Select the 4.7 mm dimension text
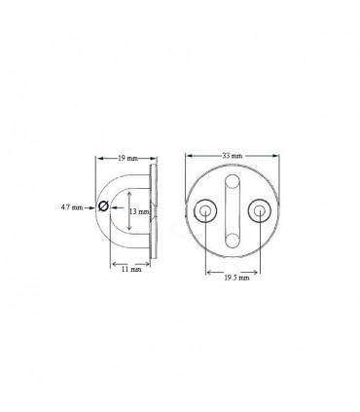click(70, 206)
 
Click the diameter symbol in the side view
click(102, 206)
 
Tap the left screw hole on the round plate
click(206, 209)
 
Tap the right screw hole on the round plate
click(258, 209)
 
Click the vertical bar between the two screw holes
click(233, 209)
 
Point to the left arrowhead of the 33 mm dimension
click(188, 160)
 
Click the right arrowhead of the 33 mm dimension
click(277, 160)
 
